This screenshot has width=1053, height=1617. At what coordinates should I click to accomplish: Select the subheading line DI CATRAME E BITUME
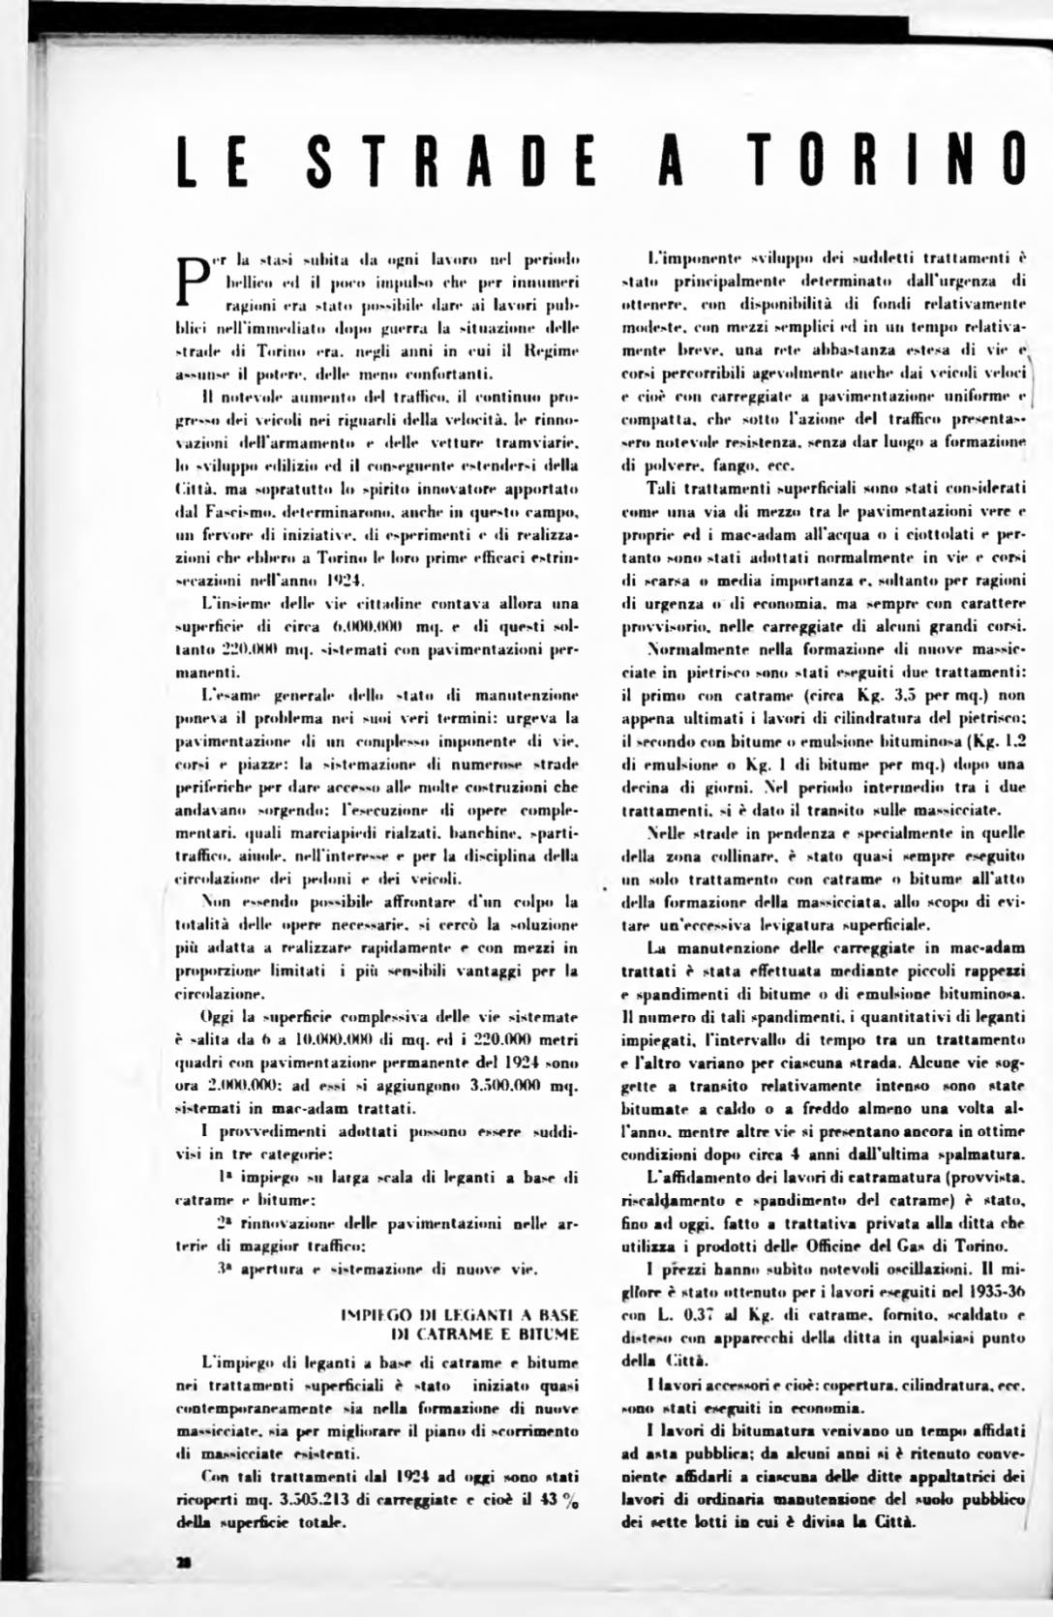click(485, 1334)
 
